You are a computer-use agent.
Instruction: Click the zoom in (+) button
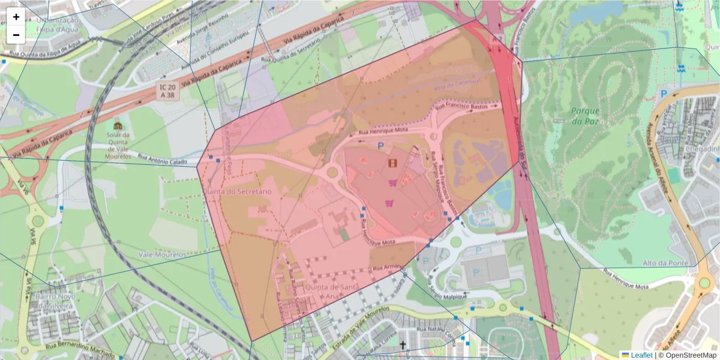(x=16, y=17)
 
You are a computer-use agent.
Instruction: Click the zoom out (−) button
(x=16, y=35)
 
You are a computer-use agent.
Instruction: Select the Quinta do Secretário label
(x=237, y=191)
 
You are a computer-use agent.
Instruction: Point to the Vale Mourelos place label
(x=163, y=255)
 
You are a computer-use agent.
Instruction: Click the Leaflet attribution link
(x=641, y=355)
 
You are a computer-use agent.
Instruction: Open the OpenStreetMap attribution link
(x=690, y=355)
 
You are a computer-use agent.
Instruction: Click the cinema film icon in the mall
(x=392, y=163)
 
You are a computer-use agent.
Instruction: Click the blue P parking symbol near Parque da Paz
(x=664, y=94)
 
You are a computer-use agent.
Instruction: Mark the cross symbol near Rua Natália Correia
(x=403, y=345)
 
